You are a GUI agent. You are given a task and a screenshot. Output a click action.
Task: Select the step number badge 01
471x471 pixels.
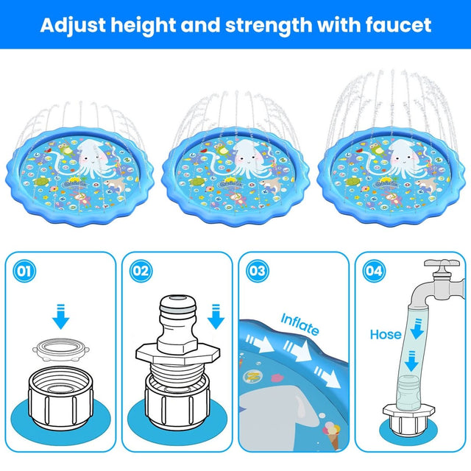(x=25, y=271)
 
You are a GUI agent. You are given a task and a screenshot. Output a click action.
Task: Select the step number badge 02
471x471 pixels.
(x=141, y=271)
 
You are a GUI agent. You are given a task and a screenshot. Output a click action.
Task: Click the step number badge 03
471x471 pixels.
(x=257, y=271)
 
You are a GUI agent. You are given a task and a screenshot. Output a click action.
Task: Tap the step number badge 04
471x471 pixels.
(x=373, y=271)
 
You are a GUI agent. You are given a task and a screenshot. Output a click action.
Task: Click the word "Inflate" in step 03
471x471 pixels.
(x=300, y=323)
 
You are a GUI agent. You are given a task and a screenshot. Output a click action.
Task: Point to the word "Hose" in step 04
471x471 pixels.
(x=386, y=335)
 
